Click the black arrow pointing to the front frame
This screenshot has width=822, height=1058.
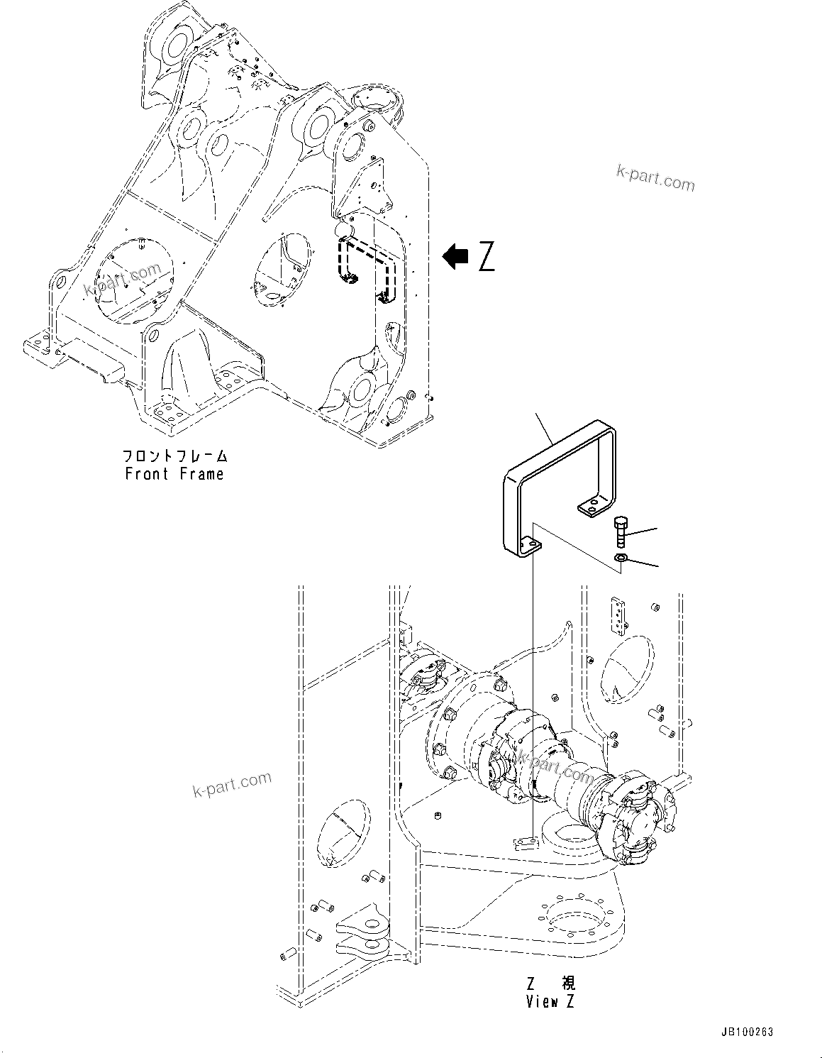455,256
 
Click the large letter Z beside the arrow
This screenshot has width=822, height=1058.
487,256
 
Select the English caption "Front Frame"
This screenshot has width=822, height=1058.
174,474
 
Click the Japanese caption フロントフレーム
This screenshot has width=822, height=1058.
174,456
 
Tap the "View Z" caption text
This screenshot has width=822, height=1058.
550,1001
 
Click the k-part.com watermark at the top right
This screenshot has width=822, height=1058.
655,177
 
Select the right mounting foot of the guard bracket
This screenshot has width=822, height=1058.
590,507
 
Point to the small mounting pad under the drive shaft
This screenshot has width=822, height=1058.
525,843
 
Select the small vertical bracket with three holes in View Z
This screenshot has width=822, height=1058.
618,615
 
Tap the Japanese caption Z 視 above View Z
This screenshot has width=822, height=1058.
550,983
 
